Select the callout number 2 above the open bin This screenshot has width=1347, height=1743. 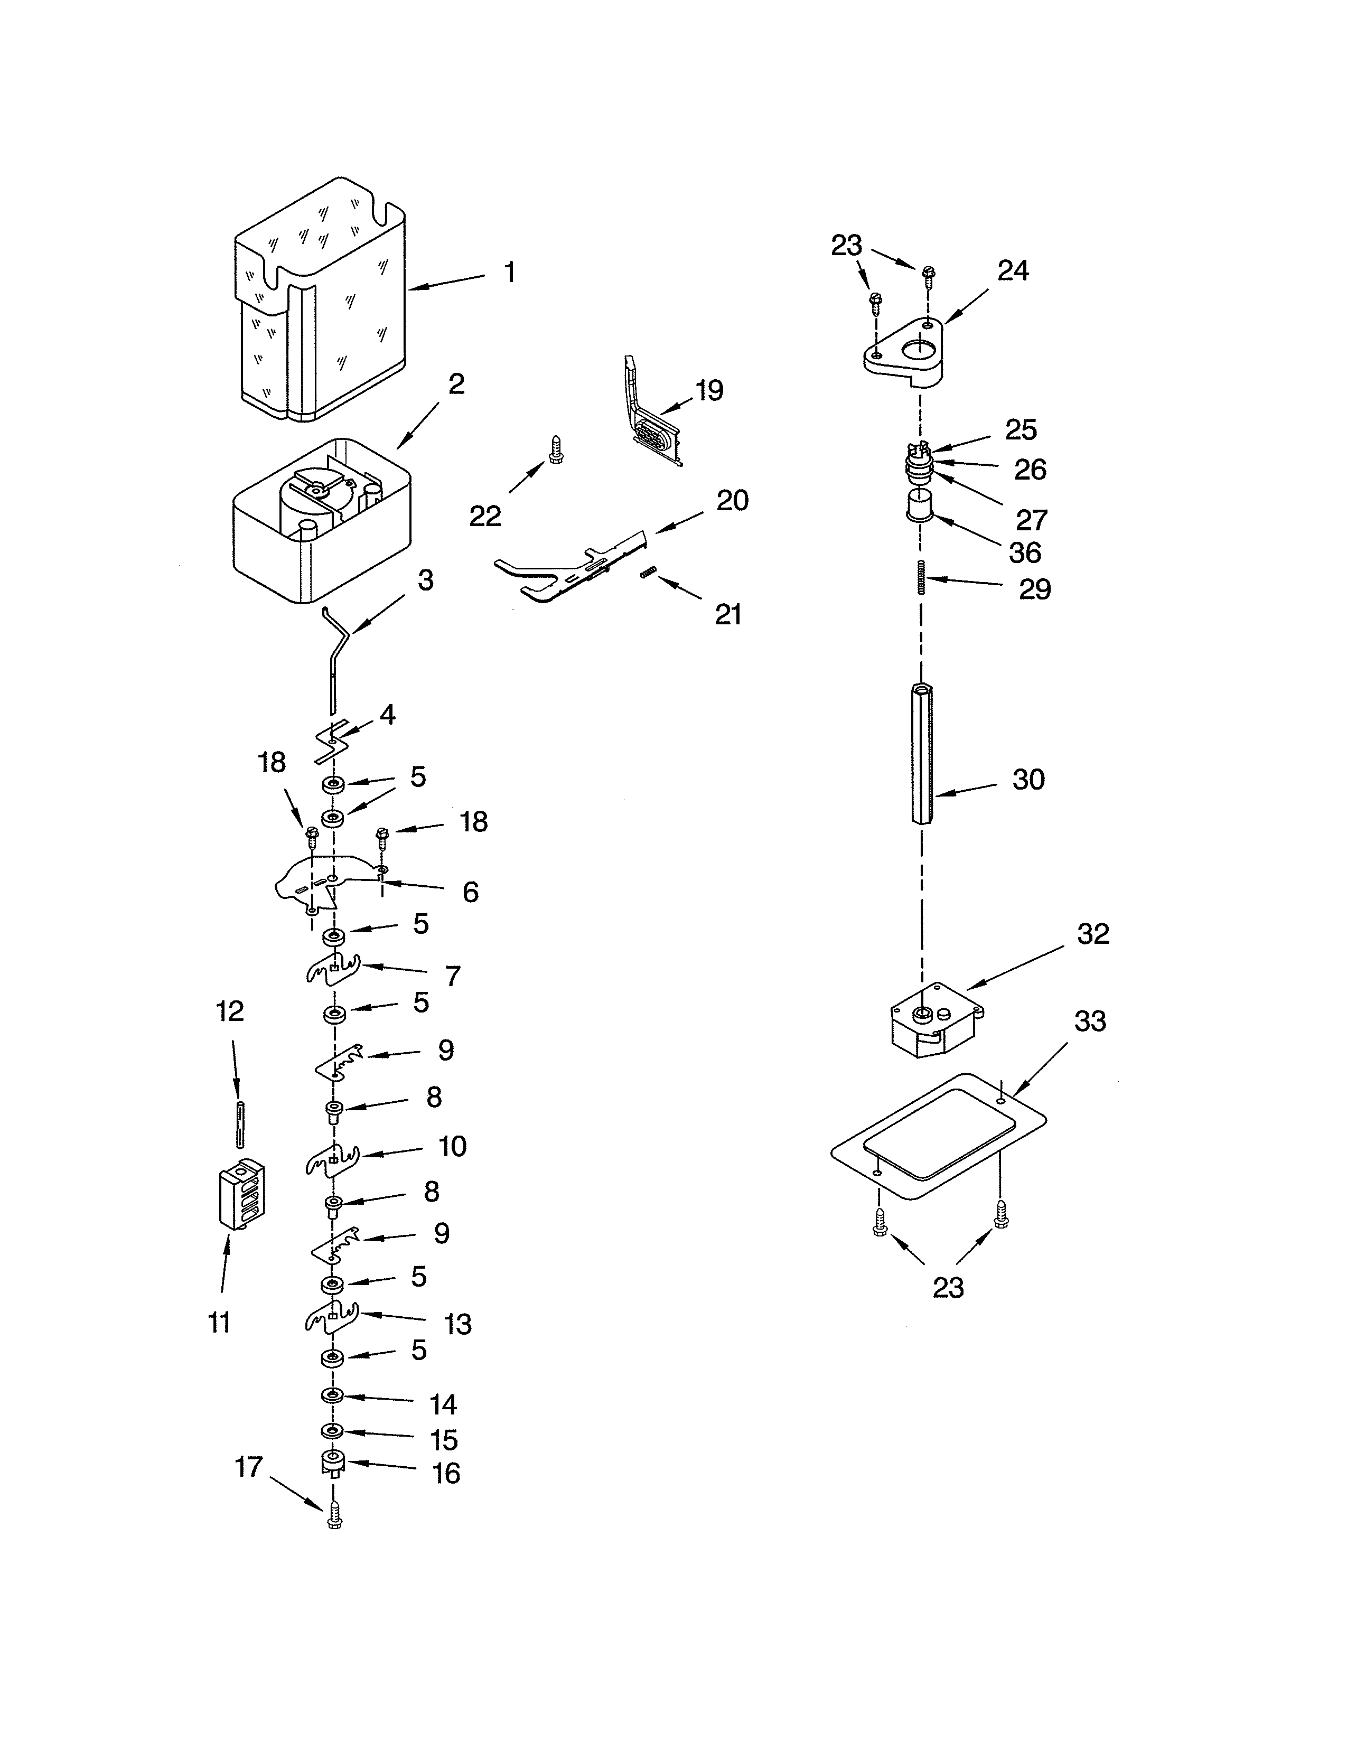(456, 384)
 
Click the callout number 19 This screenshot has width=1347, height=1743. (708, 391)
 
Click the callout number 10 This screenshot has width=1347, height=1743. (453, 1147)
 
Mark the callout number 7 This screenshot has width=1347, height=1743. (453, 976)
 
